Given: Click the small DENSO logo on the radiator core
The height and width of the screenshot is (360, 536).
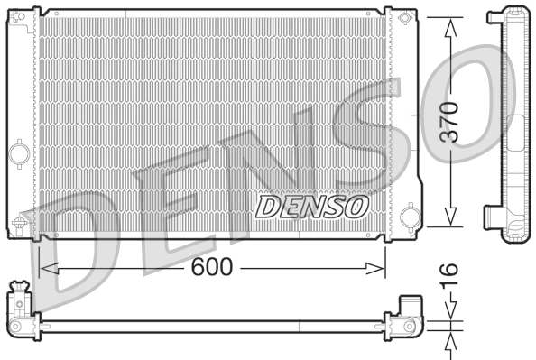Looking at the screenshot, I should pyautogui.click(x=312, y=207).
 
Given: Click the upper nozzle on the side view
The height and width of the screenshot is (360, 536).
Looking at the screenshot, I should pyautogui.click(x=494, y=16).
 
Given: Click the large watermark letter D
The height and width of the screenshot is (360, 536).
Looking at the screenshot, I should pyautogui.click(x=72, y=253).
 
